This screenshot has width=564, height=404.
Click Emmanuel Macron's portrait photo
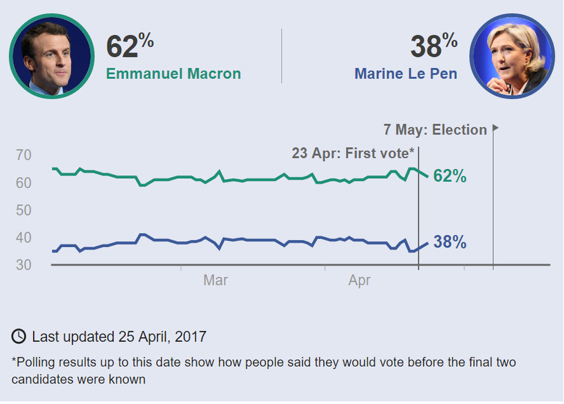coord(52,56)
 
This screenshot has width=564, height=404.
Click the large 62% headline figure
coord(130,46)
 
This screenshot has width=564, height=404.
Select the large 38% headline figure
coord(433,46)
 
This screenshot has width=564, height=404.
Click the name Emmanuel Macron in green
coord(174,74)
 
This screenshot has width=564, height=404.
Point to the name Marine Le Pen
coord(406,74)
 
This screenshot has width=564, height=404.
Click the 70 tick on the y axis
coord(24,156)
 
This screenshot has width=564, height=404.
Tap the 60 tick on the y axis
coord(24,183)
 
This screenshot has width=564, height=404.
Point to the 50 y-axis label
coord(24,211)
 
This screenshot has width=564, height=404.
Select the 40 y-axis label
coord(24,238)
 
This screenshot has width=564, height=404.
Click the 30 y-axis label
coord(24,265)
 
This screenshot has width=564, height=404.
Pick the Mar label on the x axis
coord(215,281)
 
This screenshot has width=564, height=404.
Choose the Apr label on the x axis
coord(359,281)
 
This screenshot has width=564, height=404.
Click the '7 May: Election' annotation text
coord(435,130)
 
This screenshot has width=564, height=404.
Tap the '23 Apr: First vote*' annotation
coord(353,154)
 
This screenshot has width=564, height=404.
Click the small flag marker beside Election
coord(496,127)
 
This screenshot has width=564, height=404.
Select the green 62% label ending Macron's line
coord(450,176)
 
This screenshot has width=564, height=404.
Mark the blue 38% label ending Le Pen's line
coord(450,242)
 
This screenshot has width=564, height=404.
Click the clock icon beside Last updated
coord(19,336)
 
